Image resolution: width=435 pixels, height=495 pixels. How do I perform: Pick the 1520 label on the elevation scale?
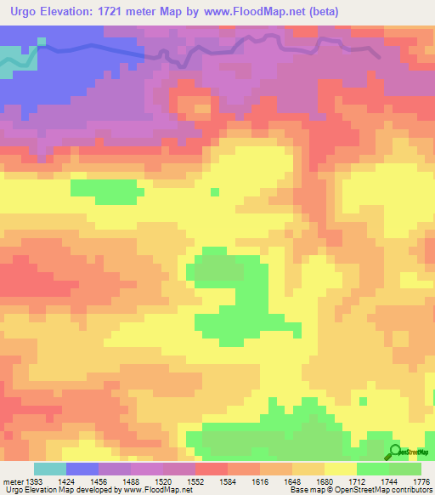(173, 481)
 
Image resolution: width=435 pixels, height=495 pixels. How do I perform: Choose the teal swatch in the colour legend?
(49, 469)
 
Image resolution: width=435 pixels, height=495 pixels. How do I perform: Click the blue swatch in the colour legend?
(82, 469)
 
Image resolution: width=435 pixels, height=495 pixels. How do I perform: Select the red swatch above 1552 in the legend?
(211, 469)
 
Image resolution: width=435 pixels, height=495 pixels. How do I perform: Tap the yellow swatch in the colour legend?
(340, 469)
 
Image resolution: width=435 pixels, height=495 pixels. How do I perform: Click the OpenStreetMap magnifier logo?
(396, 452)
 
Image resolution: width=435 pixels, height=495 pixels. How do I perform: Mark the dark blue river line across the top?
(102, 50)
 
